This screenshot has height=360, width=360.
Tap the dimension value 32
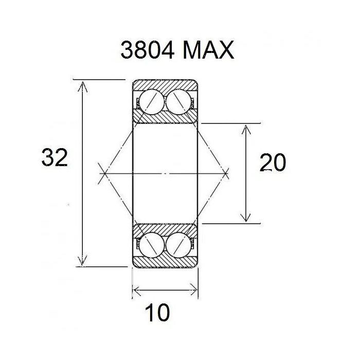click(55, 158)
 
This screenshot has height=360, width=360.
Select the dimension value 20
click(273, 163)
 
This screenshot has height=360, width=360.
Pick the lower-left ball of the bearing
click(151, 244)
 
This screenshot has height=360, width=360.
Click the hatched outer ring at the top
click(165, 84)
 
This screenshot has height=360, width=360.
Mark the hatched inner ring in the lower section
click(165, 229)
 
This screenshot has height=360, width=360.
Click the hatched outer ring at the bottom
click(165, 262)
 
